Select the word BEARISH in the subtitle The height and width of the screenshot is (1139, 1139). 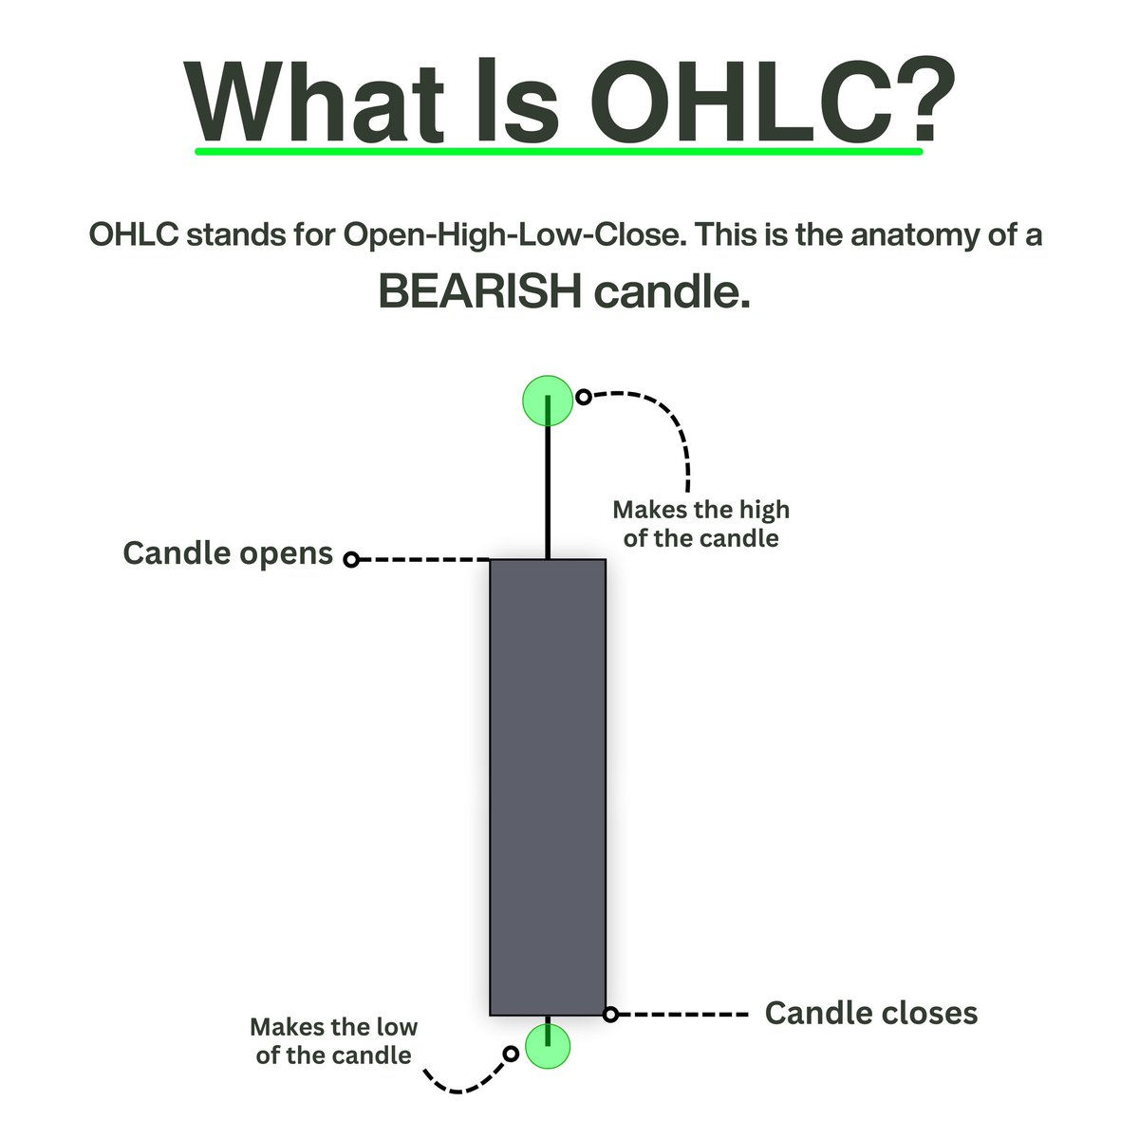[480, 291]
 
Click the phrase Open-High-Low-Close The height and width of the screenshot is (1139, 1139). [513, 234]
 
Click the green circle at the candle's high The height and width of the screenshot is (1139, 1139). [549, 401]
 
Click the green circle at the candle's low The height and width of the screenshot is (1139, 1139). [549, 1047]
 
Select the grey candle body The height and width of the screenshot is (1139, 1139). [548, 788]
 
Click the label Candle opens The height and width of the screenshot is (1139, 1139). [228, 553]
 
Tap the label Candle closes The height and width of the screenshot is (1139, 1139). [870, 1013]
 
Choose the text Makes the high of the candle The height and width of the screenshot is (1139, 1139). [700, 524]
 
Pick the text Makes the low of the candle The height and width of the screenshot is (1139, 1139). [333, 1040]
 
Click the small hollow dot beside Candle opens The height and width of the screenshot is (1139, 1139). [351, 560]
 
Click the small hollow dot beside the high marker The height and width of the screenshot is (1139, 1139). [584, 397]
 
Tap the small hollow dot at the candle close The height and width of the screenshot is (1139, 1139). [611, 1015]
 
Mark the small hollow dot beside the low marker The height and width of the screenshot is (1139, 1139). [511, 1054]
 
